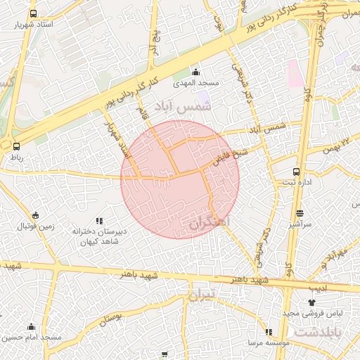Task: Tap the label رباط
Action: tap(15, 157)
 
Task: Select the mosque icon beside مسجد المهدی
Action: tap(195, 72)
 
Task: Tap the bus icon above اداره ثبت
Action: tap(296, 171)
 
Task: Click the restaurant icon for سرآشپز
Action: tap(300, 213)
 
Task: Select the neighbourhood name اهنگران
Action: tap(210, 222)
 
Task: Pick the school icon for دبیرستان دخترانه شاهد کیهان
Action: tap(98, 221)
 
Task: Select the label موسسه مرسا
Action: tap(266, 342)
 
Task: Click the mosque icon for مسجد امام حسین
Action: tap(31, 326)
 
